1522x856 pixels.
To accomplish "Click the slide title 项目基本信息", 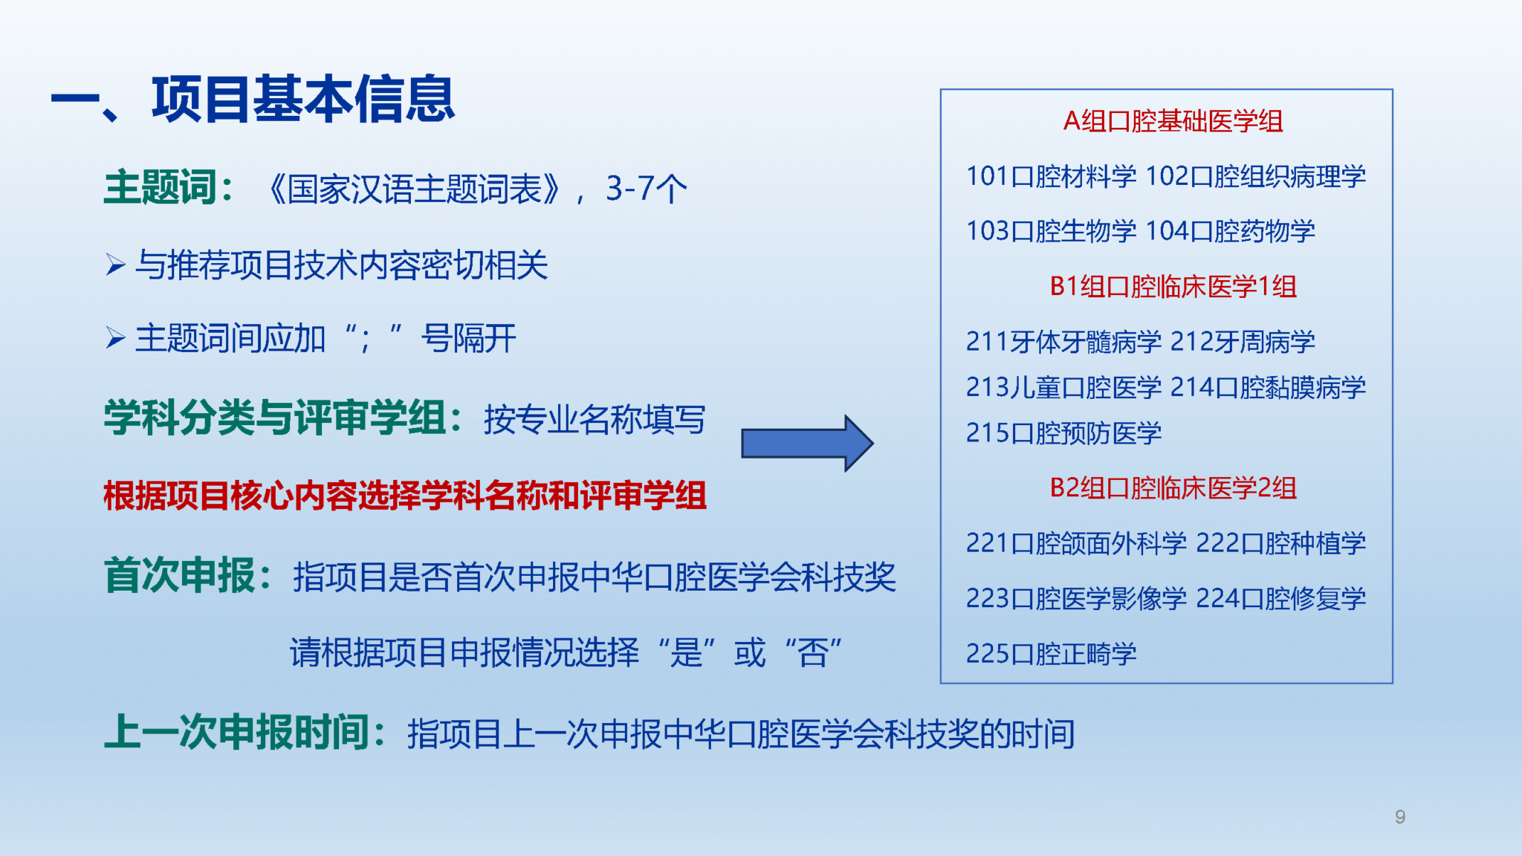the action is (x=303, y=100).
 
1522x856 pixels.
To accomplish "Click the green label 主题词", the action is (x=161, y=187).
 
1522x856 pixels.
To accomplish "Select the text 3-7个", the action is (x=647, y=189).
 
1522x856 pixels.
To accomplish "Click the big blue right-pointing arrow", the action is (x=807, y=443).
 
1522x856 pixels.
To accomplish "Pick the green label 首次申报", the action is (x=181, y=575).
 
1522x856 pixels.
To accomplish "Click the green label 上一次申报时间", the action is (x=237, y=732).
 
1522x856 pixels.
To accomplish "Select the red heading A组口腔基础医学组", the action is (x=1173, y=121).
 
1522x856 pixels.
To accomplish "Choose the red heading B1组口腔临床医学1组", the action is (x=1173, y=286).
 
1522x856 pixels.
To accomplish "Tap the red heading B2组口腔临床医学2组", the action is (x=1173, y=487).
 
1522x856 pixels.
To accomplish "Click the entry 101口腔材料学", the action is (x=1051, y=176).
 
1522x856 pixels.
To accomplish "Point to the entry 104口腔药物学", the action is (x=1230, y=231).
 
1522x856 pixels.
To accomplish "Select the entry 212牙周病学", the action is (x=1243, y=342).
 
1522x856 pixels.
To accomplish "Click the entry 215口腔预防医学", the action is (x=1063, y=432).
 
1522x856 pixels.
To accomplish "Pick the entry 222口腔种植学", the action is (x=1281, y=543).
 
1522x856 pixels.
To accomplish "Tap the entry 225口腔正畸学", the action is (x=1051, y=653).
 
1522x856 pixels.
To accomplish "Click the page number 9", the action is (x=1400, y=817).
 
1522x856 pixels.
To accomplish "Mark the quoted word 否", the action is (x=813, y=653).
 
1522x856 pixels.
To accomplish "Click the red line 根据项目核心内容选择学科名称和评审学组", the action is (x=405, y=496).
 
